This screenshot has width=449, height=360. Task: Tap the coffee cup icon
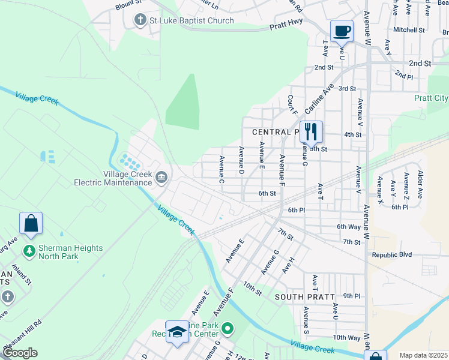342,31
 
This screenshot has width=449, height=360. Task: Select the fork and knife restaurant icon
311,131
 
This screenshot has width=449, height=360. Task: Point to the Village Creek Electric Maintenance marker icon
161,177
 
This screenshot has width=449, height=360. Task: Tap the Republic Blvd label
392,254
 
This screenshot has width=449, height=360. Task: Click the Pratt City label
430,98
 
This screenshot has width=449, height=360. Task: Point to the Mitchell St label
409,29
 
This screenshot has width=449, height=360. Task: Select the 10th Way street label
346,338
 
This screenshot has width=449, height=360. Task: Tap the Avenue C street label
221,170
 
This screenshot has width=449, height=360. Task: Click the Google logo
20,353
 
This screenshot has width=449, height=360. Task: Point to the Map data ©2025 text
423,355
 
